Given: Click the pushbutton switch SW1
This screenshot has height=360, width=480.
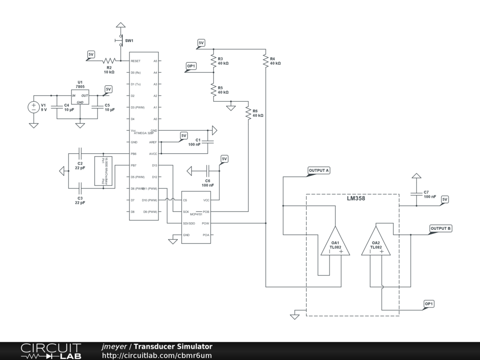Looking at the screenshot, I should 121,40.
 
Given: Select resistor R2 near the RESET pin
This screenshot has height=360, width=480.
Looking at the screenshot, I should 109,60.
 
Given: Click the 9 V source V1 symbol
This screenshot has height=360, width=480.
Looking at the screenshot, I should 34,107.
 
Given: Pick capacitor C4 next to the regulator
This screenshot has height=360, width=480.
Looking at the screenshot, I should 57,107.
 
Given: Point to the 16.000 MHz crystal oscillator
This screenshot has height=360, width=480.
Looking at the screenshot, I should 104,171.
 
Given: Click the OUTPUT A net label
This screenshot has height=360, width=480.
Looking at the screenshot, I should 319,170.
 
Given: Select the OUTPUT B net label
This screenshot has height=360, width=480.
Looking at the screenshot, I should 441,228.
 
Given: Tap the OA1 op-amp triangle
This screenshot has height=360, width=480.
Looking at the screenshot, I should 335,242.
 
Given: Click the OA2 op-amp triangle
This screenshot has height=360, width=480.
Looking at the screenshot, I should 376,242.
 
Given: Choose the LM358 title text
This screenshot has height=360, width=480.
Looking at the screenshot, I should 356,198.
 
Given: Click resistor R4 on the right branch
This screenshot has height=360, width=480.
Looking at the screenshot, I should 266,60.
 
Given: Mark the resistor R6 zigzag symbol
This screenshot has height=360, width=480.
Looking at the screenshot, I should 248,112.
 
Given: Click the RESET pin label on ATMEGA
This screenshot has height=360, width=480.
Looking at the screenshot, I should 135,61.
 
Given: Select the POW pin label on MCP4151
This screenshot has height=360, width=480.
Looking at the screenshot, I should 205,224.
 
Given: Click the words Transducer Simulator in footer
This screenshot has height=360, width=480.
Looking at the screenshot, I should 173,346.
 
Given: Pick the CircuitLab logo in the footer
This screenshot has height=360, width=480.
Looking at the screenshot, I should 51,351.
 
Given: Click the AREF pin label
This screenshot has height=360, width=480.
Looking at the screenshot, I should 153,142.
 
